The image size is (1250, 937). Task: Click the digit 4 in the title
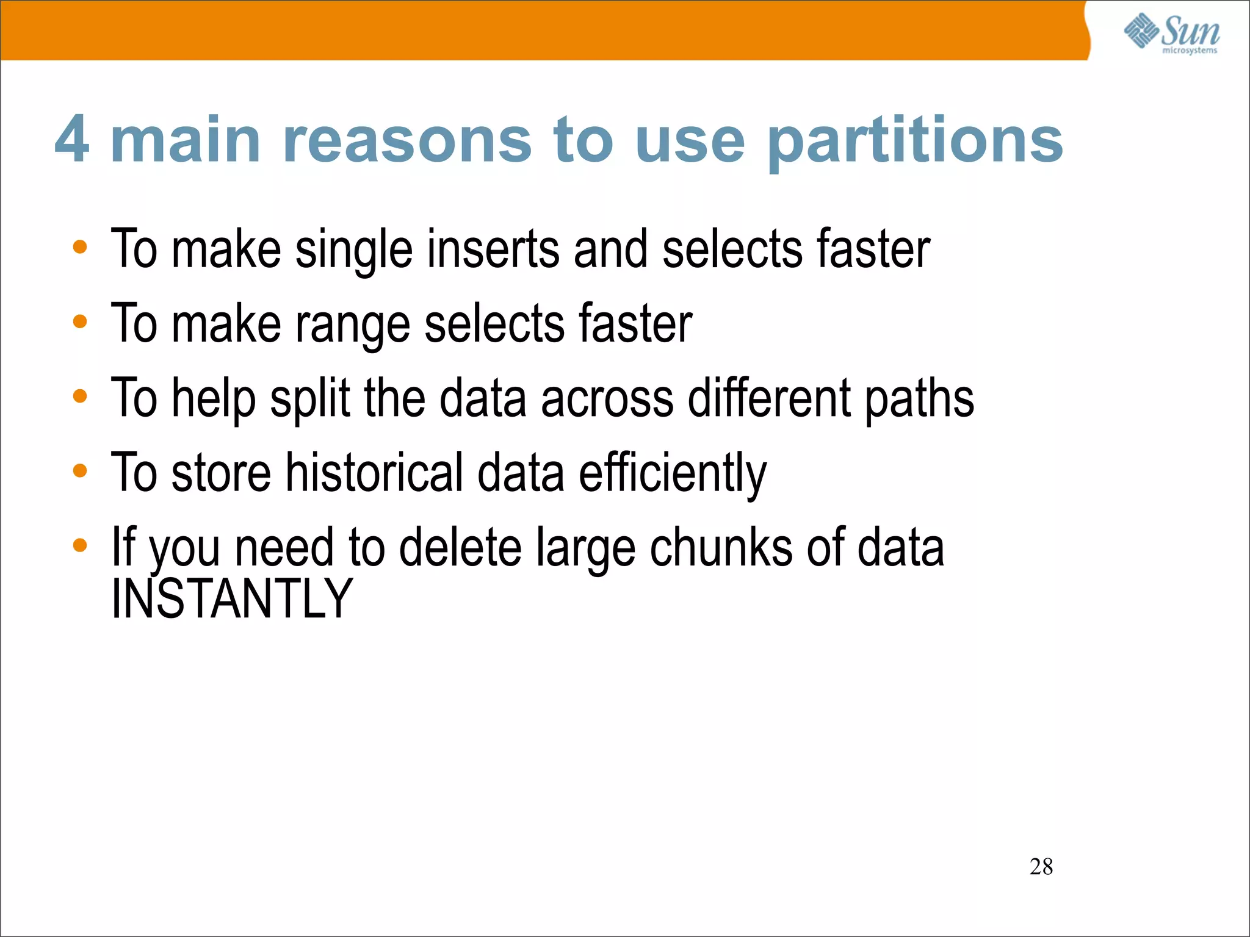[x=72, y=140]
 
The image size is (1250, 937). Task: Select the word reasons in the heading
[x=407, y=141]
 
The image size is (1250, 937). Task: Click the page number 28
[x=1041, y=866]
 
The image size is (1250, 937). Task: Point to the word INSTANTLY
[x=232, y=599]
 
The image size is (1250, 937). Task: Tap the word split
[x=310, y=400]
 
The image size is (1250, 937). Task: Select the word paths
[x=920, y=400]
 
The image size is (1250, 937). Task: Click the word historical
[x=374, y=473]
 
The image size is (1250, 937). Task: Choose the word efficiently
[x=672, y=474]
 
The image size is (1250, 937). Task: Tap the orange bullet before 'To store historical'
[x=80, y=470]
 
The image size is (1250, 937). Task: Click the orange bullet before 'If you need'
[x=80, y=545]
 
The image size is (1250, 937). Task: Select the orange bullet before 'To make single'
[x=80, y=247]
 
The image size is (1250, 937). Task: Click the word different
[x=769, y=398]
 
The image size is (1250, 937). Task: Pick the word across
[x=607, y=400]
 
